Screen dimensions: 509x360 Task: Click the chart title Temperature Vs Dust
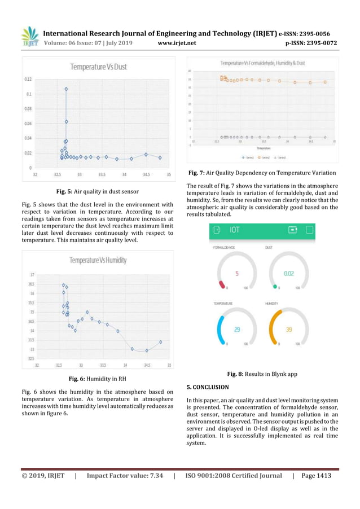pos(98,67)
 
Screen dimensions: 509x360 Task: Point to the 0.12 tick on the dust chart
pos(28,79)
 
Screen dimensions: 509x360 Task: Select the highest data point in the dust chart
pos(66,89)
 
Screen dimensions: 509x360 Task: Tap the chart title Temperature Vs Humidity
pos(98,260)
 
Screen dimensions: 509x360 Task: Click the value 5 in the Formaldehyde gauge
pos(237,274)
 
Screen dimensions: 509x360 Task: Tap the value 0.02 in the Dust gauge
pos(288,274)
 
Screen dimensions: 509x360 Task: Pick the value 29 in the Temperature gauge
pos(236,329)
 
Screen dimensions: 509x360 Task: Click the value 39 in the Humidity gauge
pos(288,329)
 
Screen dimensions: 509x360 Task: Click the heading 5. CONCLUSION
pos(208,387)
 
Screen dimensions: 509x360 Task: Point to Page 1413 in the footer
pos(317,476)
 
